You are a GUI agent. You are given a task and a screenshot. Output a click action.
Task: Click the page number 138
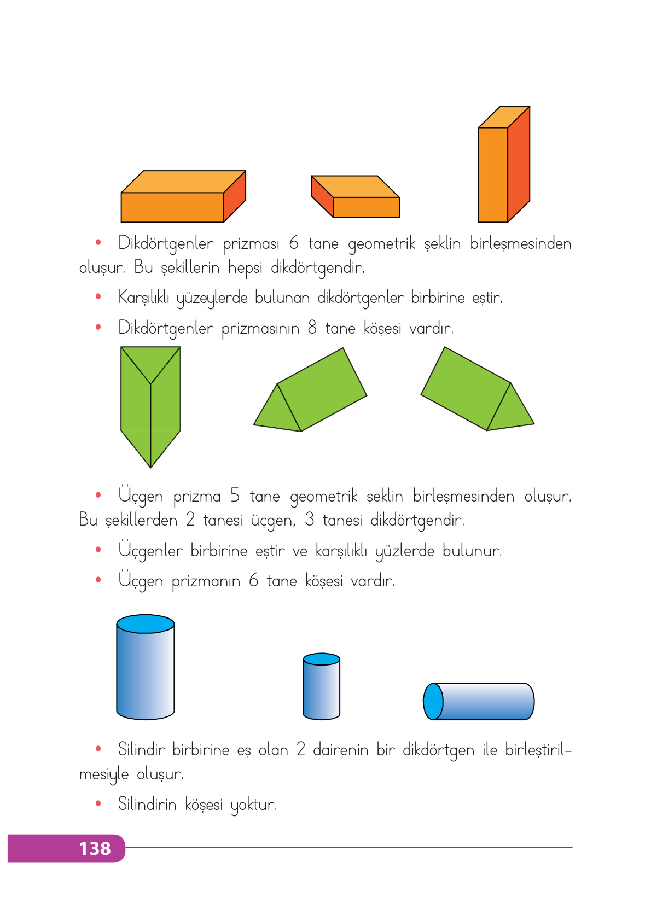(x=95, y=848)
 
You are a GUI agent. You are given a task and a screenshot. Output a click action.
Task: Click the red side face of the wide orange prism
(x=235, y=197)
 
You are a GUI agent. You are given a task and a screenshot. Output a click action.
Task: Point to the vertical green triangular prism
(x=150, y=407)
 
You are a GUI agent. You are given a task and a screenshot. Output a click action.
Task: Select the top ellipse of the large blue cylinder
(x=146, y=624)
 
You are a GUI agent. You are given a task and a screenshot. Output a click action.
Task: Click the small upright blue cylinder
(x=322, y=688)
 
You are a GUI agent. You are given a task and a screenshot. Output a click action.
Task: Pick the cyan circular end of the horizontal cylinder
(x=433, y=701)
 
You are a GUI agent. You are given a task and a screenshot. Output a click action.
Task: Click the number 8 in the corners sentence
(x=312, y=328)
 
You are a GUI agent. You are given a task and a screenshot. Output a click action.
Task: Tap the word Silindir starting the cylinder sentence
(x=141, y=749)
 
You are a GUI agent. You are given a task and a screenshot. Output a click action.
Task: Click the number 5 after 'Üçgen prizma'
(x=235, y=496)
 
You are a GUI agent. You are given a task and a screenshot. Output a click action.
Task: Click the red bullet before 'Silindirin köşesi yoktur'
(x=98, y=803)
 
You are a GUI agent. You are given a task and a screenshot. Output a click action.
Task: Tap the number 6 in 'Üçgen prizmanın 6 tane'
(x=254, y=580)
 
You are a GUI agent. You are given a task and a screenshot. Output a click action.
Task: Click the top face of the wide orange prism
(x=183, y=182)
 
